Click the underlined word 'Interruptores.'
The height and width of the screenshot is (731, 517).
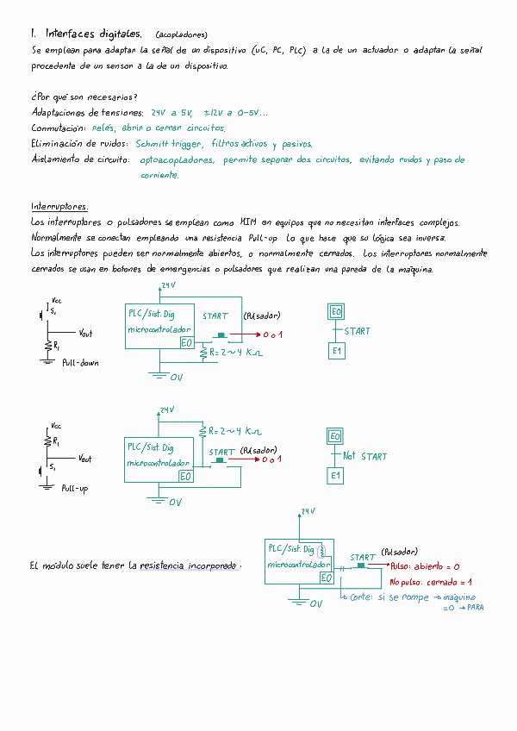(59, 207)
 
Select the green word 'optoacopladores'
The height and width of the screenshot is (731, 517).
(177, 159)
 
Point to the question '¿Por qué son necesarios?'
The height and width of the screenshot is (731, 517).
(84, 97)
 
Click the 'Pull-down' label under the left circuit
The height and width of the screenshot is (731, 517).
(80, 363)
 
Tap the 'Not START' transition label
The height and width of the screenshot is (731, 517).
(364, 456)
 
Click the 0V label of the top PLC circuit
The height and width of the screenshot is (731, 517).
(176, 378)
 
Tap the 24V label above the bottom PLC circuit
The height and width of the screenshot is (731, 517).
(166, 410)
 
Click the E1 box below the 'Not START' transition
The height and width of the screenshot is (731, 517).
(336, 476)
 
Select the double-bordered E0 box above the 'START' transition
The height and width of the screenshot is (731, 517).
(336, 312)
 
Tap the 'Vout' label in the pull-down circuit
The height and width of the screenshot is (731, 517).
(85, 333)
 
